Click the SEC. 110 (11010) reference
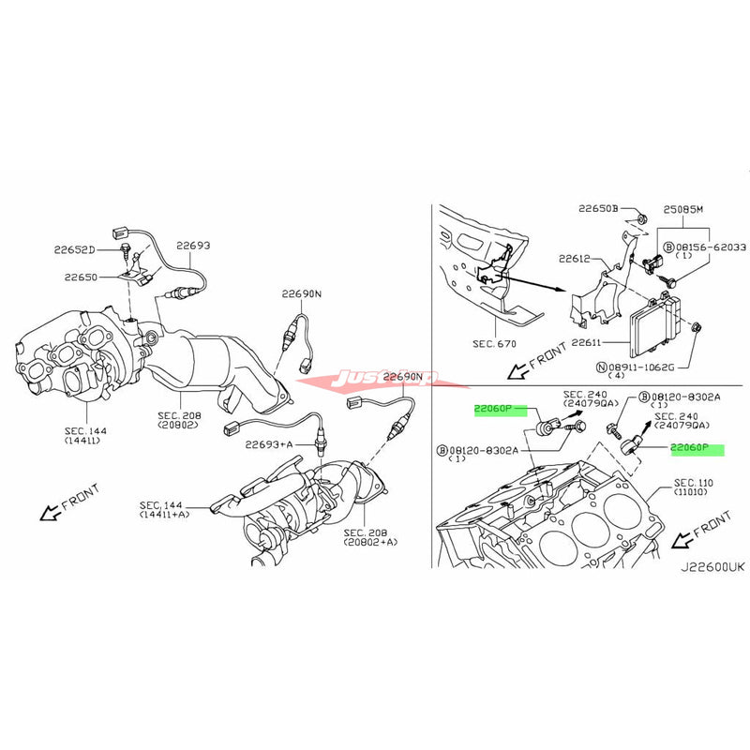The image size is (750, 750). click(x=694, y=488)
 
